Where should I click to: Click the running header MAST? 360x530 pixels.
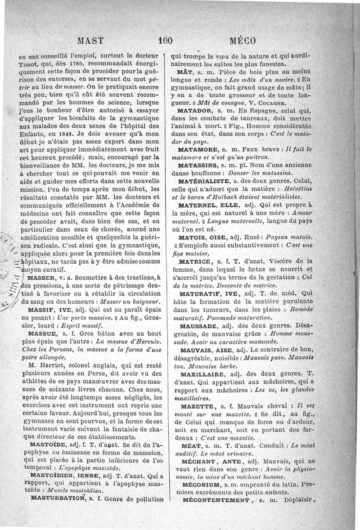click(91, 40)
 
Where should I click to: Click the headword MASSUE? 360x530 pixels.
click(42, 334)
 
